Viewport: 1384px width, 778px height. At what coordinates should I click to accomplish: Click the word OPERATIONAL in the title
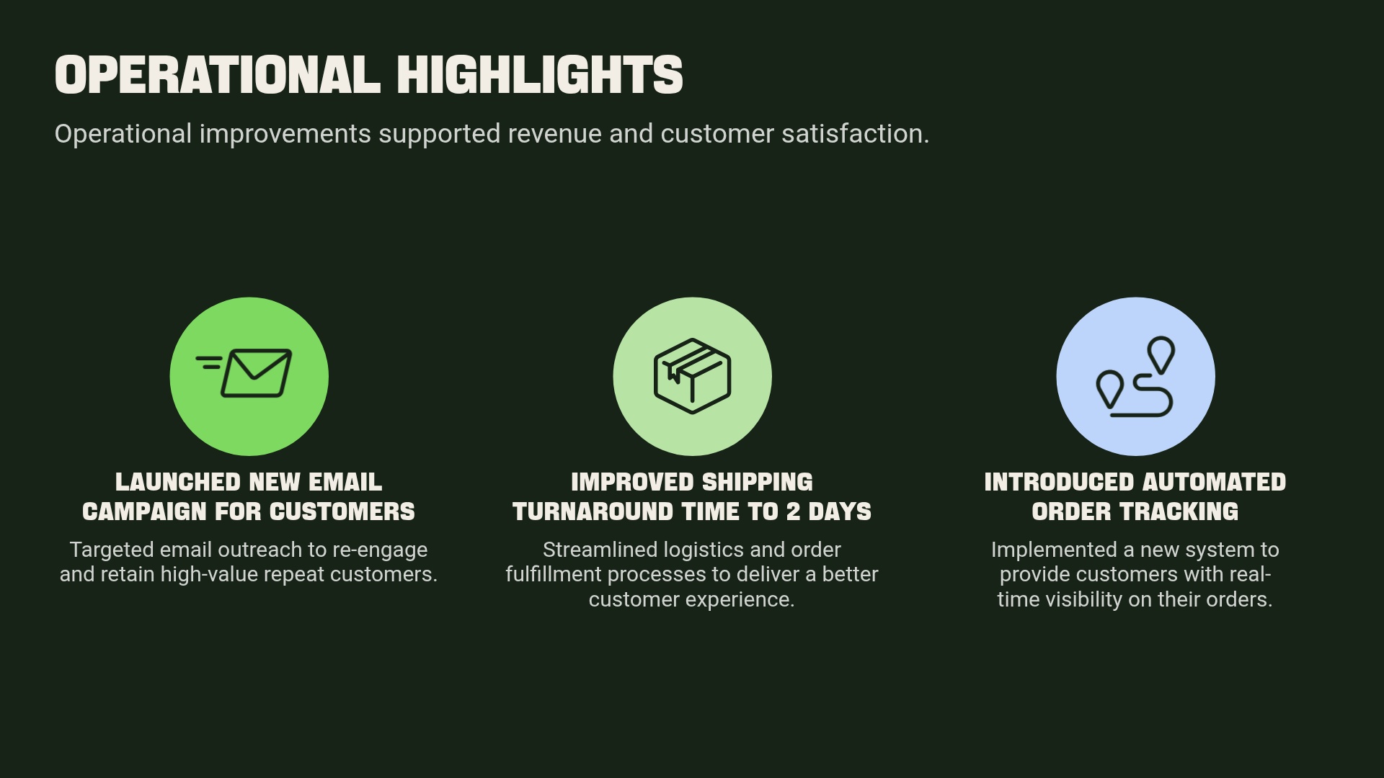click(217, 75)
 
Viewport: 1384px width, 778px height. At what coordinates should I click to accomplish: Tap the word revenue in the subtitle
click(554, 134)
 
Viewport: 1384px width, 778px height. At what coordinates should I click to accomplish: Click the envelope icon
click(256, 373)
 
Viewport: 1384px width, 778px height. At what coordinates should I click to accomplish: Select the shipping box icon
click(692, 376)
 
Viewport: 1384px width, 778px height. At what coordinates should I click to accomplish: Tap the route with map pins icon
click(1135, 377)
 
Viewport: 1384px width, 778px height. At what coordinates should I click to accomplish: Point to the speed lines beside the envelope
click(209, 362)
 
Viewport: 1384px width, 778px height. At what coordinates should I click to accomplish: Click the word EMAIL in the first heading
click(345, 482)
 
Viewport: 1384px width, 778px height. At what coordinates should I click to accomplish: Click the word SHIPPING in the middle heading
click(757, 482)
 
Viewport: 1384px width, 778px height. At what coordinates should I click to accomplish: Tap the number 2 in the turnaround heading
click(793, 511)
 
